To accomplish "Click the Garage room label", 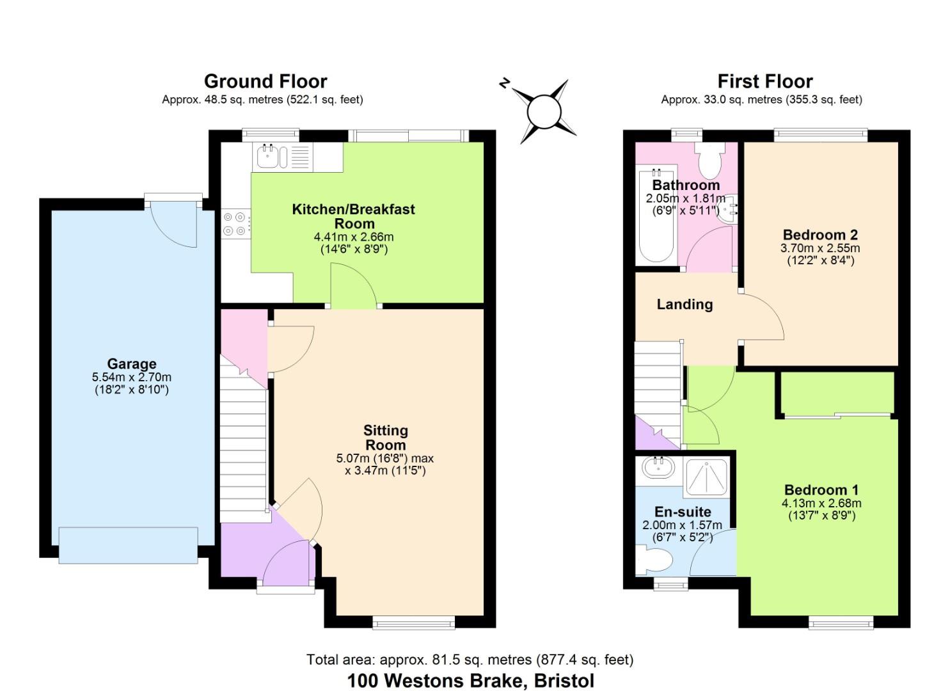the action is tap(132, 363).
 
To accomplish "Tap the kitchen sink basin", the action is tap(267, 157).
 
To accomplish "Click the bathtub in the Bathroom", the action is tap(656, 216).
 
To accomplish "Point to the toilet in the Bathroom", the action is tap(710, 161).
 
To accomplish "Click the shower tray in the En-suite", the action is tap(706, 477).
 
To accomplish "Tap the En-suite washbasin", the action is tap(659, 468).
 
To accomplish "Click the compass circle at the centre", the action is tap(544, 112).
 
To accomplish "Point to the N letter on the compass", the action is tap(504, 83).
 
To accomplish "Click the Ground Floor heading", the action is tap(265, 81).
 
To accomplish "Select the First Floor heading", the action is tap(765, 81).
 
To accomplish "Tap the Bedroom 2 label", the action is tap(820, 235).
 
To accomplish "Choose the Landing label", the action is tap(685, 304).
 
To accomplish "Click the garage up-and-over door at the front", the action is tap(128, 545).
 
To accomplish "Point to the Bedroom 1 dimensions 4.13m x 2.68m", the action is tap(821, 503).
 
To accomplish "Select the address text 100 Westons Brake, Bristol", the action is tap(471, 681).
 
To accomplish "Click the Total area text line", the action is tap(470, 660).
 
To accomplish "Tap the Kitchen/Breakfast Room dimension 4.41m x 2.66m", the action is tap(354, 236).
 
